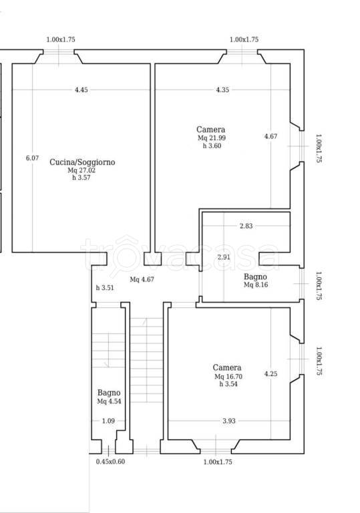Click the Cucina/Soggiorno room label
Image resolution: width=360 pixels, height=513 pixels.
[x=82, y=162]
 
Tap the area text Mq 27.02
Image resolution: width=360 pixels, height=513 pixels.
[x=81, y=170]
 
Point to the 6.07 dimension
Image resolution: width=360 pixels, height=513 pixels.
[x=32, y=158]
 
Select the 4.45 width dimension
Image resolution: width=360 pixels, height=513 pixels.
[x=81, y=90]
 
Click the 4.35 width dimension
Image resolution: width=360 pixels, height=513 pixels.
[x=222, y=90]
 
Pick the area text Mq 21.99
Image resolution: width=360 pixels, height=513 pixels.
[x=212, y=138]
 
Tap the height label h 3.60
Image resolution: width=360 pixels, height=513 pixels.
[x=212, y=146]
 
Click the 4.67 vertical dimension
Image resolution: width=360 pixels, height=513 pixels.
[x=271, y=136]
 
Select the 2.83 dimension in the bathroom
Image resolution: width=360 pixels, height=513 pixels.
[x=246, y=226]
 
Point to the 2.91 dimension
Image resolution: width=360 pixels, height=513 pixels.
[x=224, y=257]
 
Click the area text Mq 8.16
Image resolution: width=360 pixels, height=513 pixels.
[x=256, y=285]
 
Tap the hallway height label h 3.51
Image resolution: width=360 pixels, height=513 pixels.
[x=105, y=288]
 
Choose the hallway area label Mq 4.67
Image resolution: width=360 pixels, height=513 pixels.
[x=142, y=279]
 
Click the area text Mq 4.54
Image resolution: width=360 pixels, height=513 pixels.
[x=109, y=401]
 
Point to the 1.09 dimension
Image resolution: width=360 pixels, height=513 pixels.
[x=108, y=421]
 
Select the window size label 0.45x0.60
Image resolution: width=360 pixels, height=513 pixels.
[x=110, y=462]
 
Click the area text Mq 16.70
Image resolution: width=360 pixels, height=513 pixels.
[x=228, y=377]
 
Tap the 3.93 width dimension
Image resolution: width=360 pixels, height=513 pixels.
[x=229, y=421]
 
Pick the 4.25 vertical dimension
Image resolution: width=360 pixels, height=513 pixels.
[x=271, y=373]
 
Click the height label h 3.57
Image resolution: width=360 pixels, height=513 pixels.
[x=81, y=178]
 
